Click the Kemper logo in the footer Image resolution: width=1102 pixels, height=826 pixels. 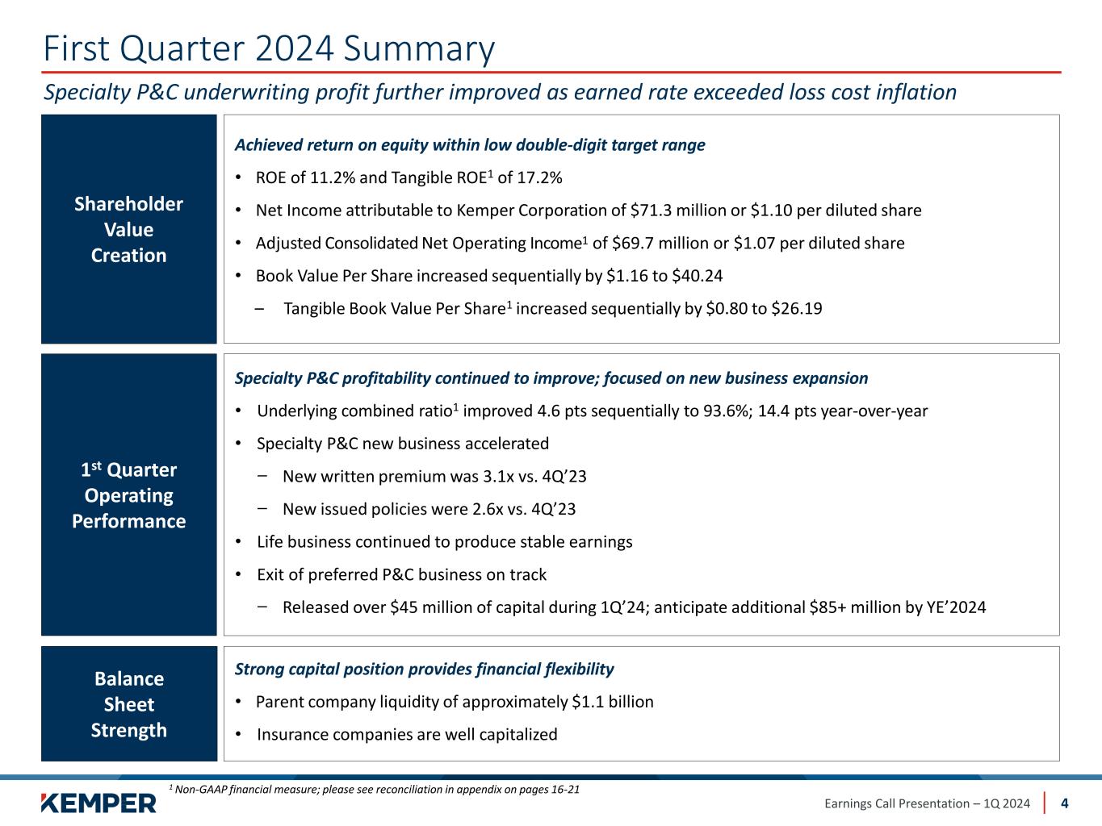pyautogui.click(x=98, y=803)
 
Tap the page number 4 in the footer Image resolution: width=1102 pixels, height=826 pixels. pyautogui.click(x=1065, y=803)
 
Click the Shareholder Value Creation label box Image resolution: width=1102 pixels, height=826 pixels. pyautogui.click(x=129, y=229)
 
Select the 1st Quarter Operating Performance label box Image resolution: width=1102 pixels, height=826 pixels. pyautogui.click(x=129, y=494)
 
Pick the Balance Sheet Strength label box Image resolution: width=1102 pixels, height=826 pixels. pyautogui.click(x=129, y=703)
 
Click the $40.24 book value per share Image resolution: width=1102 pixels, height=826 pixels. pyautogui.click(x=698, y=276)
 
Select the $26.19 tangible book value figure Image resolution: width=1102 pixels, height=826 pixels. pyautogui.click(x=797, y=308)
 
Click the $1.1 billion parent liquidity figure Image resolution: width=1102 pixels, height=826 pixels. pyautogui.click(x=612, y=702)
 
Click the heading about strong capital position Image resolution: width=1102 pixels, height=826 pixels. pyautogui.click(x=424, y=669)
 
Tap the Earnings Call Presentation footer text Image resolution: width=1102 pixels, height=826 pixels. pyautogui.click(x=927, y=803)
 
